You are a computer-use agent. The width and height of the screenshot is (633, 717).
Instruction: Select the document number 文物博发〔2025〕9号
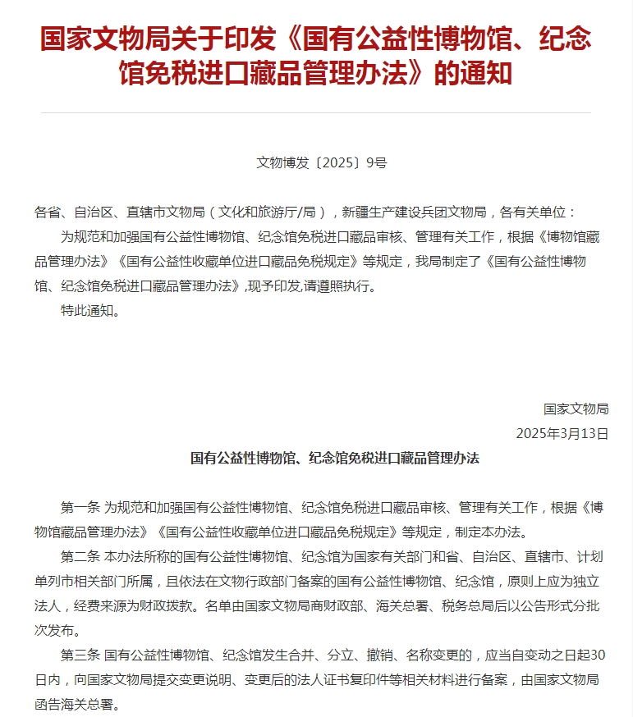coord(321,162)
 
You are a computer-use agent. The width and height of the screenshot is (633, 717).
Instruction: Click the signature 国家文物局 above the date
coord(576,409)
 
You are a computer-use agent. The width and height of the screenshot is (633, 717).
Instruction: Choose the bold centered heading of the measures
coord(334,458)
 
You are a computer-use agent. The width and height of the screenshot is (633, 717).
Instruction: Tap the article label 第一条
coord(80,507)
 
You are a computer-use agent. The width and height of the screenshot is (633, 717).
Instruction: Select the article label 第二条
coord(80,556)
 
